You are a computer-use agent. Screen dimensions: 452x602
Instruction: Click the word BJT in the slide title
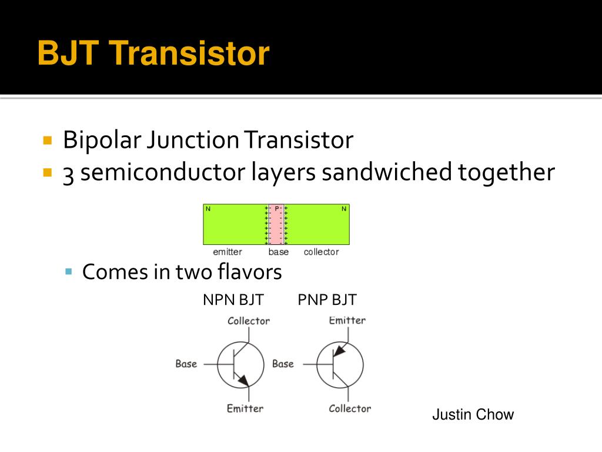[66, 54]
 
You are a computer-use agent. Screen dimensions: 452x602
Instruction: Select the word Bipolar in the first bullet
[102, 141]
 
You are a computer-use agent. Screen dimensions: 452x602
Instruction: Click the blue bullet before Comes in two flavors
[69, 271]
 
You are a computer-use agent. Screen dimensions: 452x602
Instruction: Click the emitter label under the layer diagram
[228, 252]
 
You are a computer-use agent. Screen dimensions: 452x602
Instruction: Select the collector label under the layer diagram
[321, 252]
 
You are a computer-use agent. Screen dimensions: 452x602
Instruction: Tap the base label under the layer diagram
[279, 252]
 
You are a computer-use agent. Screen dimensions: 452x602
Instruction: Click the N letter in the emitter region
[208, 208]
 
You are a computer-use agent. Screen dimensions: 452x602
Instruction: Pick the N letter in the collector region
[344, 208]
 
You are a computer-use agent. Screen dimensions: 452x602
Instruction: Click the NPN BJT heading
[233, 300]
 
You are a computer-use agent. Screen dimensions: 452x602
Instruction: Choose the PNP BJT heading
[327, 300]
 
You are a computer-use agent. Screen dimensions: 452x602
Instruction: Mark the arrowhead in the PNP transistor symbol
[339, 351]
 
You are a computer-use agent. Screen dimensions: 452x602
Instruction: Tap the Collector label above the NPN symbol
[249, 321]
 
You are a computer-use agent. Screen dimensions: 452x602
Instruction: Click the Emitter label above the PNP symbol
[347, 320]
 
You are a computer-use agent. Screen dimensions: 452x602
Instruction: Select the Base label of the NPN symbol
[186, 364]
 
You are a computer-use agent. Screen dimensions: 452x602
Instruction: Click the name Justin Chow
[473, 414]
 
